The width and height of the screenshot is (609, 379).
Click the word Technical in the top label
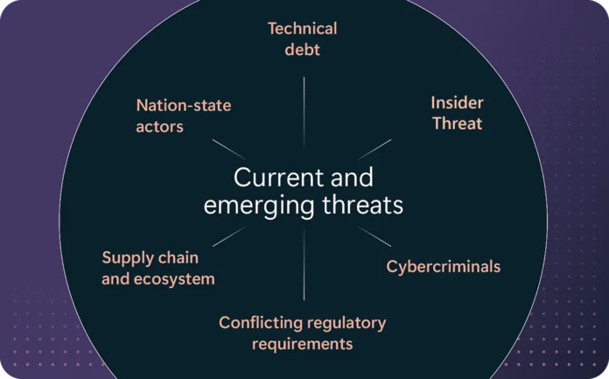point(303,29)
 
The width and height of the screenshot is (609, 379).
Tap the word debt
point(303,50)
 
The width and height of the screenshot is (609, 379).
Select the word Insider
point(457,103)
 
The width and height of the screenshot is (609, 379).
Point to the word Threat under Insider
point(458,123)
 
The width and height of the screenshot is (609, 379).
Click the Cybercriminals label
point(444,267)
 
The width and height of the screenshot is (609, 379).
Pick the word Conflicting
point(261,323)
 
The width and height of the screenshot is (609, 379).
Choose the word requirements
point(303,344)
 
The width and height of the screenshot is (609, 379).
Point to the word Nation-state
point(184,105)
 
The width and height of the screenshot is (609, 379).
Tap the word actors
point(159,127)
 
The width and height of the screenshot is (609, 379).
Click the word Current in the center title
point(278,178)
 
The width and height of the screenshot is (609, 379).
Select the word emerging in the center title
point(259,206)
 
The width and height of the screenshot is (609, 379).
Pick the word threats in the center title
point(363,205)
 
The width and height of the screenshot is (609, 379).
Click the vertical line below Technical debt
point(304,113)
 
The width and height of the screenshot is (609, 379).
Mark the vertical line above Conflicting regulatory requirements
point(304,264)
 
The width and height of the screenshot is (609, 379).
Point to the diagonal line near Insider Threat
point(374,150)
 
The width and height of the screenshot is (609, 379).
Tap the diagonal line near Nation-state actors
point(229,150)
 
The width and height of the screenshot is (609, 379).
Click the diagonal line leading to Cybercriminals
point(374,236)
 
